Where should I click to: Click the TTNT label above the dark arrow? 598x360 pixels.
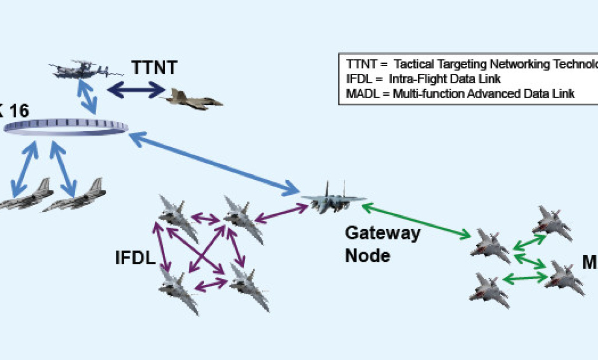pyautogui.click(x=154, y=68)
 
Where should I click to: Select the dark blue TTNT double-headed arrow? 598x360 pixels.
pyautogui.click(x=136, y=90)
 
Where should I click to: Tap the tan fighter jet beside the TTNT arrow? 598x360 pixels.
pyautogui.click(x=193, y=99)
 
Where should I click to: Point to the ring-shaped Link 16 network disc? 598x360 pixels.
pyautogui.click(x=66, y=127)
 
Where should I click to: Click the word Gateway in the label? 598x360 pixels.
pyautogui.click(x=382, y=233)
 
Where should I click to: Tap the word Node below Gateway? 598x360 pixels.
pyautogui.click(x=367, y=255)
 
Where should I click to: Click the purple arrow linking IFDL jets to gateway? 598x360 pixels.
pyautogui.click(x=281, y=213)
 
